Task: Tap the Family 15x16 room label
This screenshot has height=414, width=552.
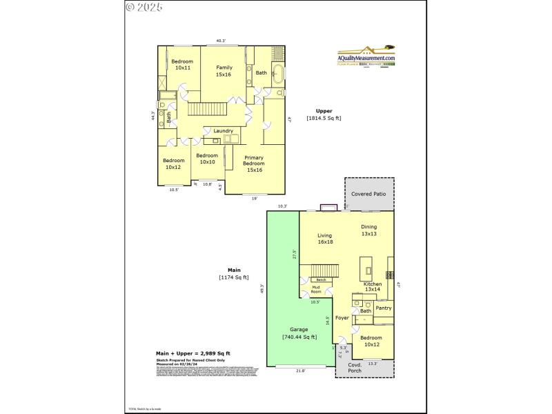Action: coord(224,71)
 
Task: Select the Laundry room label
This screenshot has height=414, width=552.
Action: coord(223,131)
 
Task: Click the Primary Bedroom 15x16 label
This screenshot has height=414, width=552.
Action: coord(254,164)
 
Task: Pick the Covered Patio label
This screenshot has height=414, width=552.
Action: coord(369,195)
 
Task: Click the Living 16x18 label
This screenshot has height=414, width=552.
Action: coord(325,239)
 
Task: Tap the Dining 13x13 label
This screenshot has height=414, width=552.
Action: coord(369,230)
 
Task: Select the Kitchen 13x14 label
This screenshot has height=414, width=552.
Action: coord(372,286)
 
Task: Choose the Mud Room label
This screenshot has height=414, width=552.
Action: coord(315,289)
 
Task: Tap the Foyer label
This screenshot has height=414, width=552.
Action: coord(342,318)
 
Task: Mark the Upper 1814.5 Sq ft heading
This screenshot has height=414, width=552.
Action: coord(324,115)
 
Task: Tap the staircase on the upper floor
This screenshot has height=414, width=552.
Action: coord(208,109)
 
